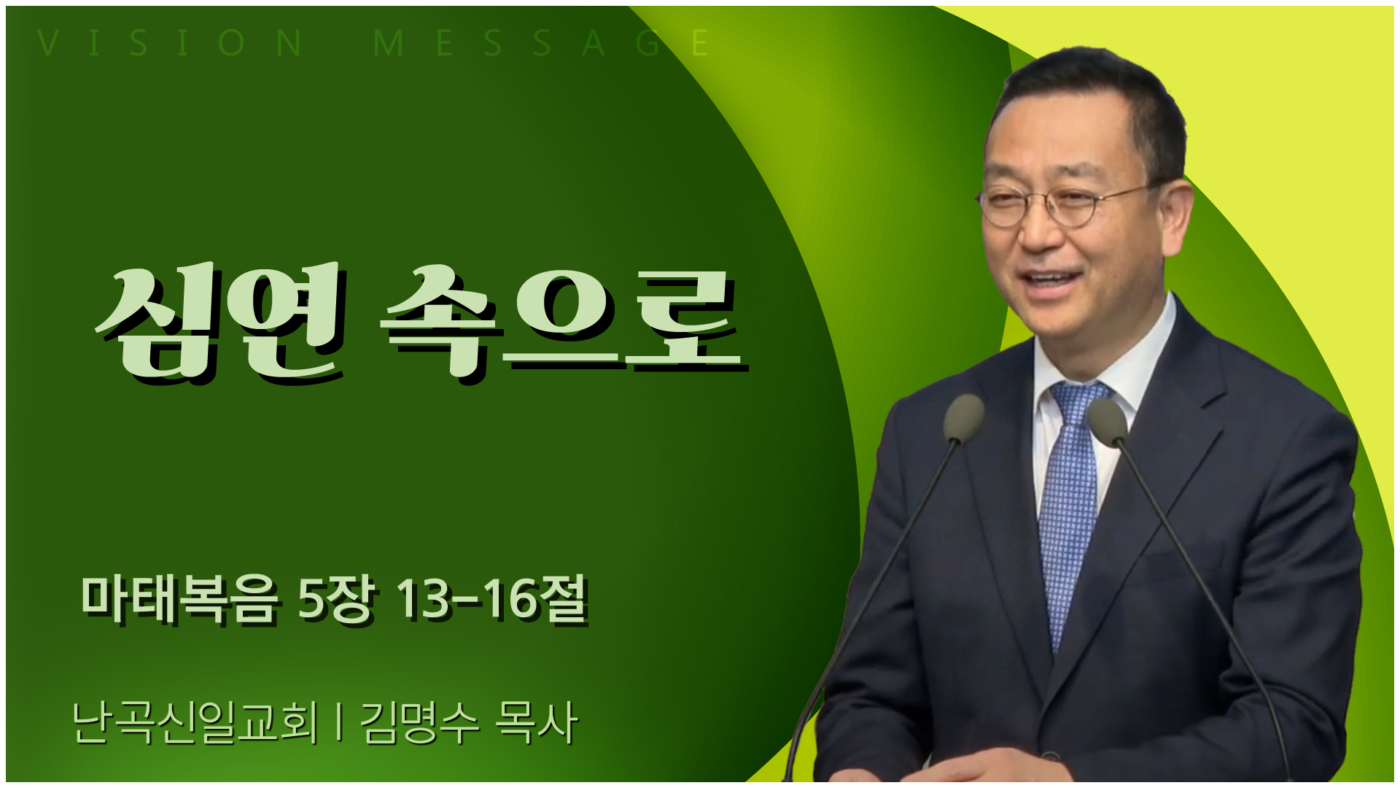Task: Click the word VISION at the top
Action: (x=170, y=43)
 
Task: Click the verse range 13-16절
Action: (x=492, y=600)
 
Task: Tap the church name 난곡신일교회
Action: (x=195, y=722)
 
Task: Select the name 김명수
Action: (x=420, y=722)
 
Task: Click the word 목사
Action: (x=537, y=722)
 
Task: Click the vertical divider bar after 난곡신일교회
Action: (x=339, y=722)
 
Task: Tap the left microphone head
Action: (x=964, y=418)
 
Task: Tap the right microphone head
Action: (x=1107, y=422)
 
